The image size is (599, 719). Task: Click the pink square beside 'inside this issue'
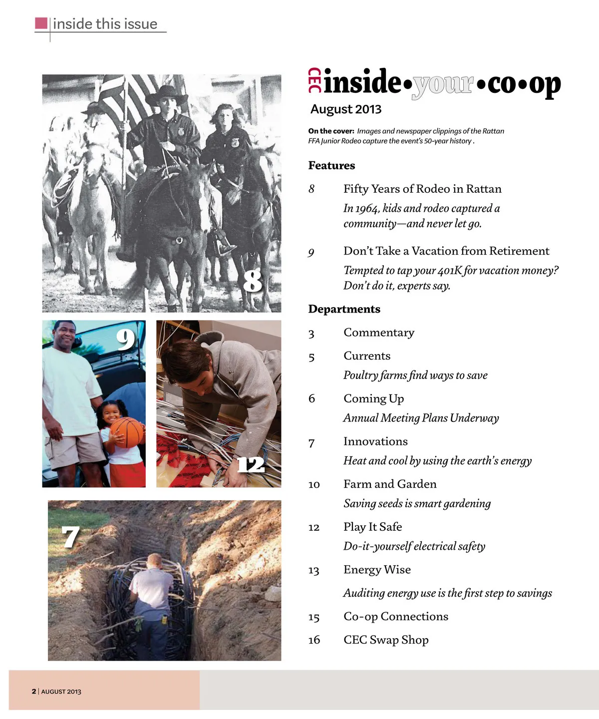click(41, 23)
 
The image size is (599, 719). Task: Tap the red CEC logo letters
click(314, 80)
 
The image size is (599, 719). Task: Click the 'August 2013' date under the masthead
click(345, 109)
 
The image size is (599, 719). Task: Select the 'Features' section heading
click(331, 165)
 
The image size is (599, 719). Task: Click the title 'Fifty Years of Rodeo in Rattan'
click(422, 189)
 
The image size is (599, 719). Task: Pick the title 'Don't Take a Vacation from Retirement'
click(446, 251)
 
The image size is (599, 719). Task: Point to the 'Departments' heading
click(344, 309)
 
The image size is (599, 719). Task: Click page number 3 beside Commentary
click(311, 334)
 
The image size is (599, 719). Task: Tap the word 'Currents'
click(367, 356)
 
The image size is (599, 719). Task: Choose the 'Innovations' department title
click(375, 441)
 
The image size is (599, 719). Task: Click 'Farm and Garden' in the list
click(390, 484)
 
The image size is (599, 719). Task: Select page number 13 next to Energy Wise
click(313, 570)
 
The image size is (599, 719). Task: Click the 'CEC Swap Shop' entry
click(386, 640)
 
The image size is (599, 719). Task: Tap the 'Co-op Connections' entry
click(396, 617)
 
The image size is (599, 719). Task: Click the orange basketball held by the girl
click(127, 432)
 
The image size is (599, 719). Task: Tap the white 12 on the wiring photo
click(251, 465)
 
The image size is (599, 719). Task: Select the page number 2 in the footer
click(34, 692)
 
